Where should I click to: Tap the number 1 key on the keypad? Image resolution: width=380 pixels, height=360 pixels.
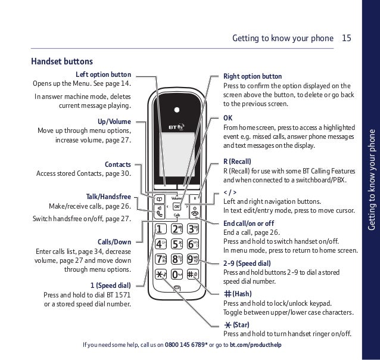click(x=160, y=246)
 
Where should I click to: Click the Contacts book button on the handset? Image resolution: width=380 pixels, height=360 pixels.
click(x=160, y=198)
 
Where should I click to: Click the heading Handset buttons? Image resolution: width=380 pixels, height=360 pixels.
click(x=62, y=60)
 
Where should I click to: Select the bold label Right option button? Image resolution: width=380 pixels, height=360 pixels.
click(x=253, y=77)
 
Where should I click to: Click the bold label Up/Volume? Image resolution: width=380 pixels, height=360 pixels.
click(x=114, y=121)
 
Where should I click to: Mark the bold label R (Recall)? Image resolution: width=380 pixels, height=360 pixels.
click(x=237, y=161)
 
